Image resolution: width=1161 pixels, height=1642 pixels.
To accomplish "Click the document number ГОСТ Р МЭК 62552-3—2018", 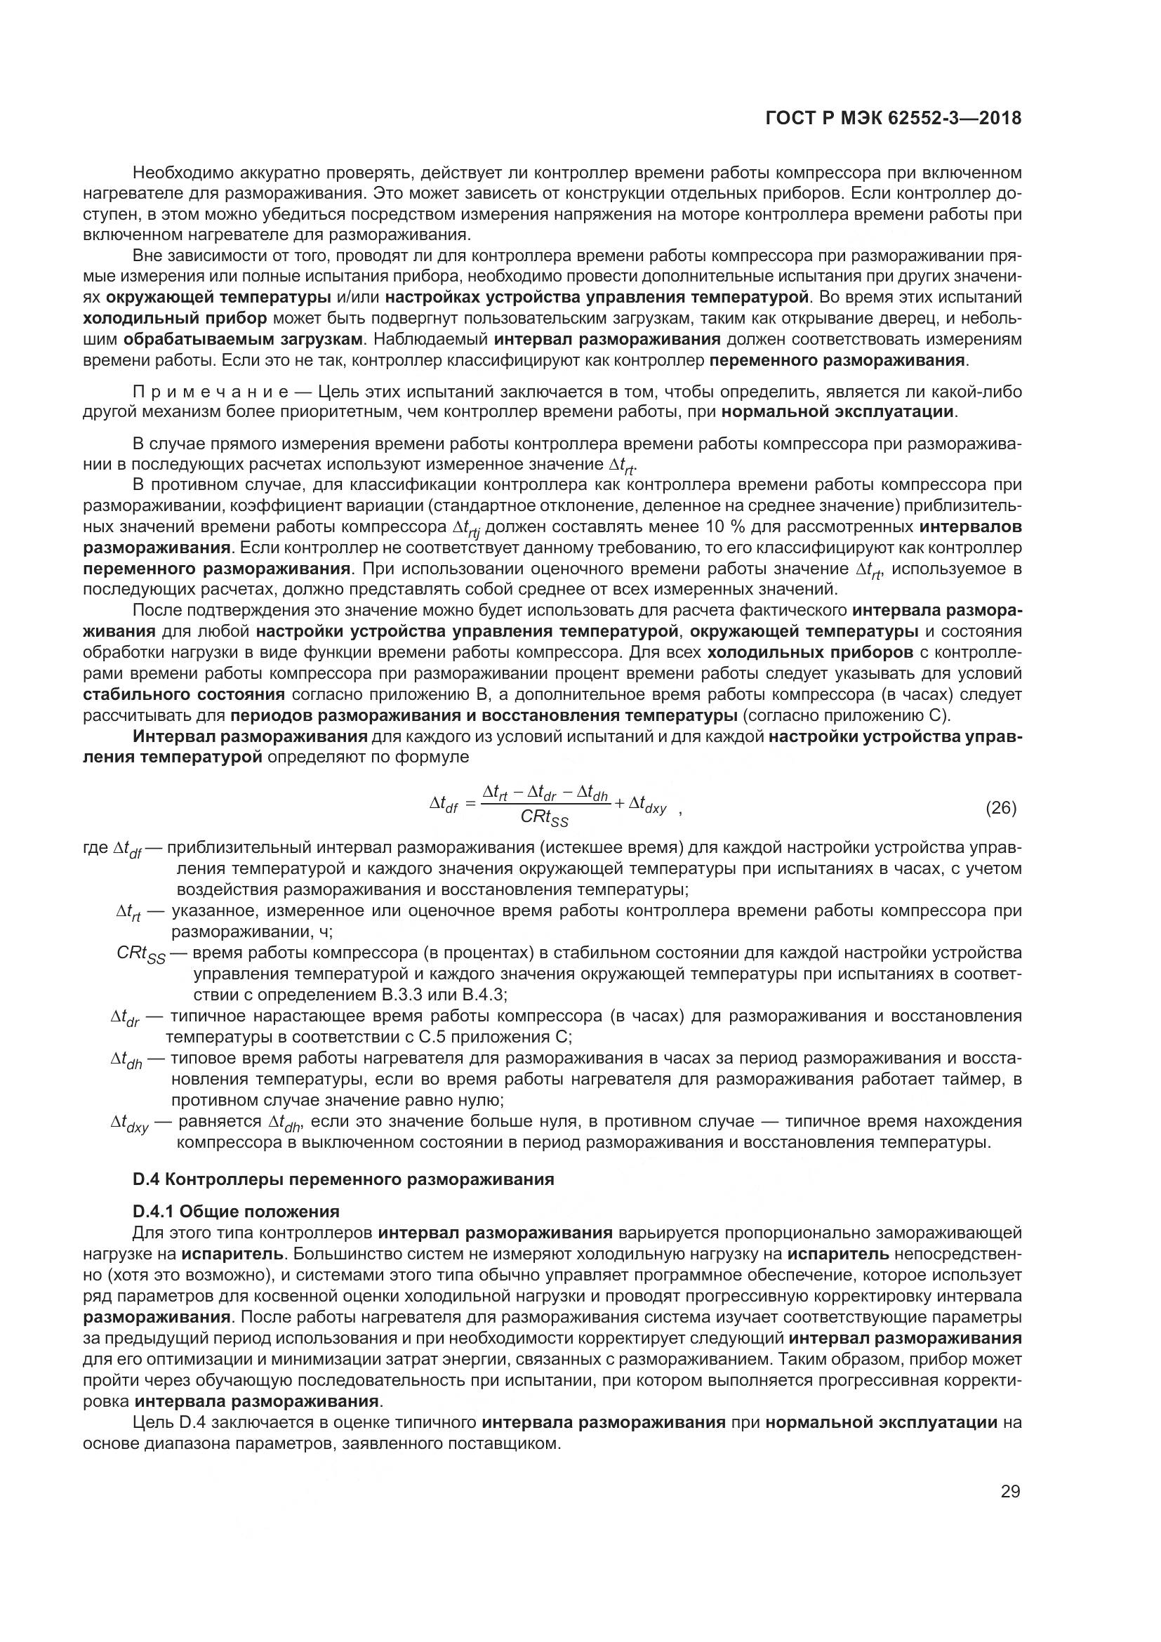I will coord(893,118).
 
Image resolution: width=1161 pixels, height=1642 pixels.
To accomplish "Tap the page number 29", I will coord(1010,1491).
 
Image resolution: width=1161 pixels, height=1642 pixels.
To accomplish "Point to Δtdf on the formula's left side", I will coord(443,805).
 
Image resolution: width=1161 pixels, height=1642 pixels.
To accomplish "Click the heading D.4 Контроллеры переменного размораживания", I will coord(343,1179).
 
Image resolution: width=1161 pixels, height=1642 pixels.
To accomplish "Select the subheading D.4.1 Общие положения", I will coord(236,1212).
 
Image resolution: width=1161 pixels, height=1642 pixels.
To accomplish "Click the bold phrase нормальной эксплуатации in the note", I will coord(838,412).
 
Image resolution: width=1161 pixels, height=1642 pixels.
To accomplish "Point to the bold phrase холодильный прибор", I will coord(175,317).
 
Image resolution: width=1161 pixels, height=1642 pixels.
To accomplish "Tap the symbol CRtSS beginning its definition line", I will coord(141,954).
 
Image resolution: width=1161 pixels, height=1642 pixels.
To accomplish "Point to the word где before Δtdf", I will coord(95,848).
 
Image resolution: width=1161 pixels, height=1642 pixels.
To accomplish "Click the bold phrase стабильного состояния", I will coord(184,694).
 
